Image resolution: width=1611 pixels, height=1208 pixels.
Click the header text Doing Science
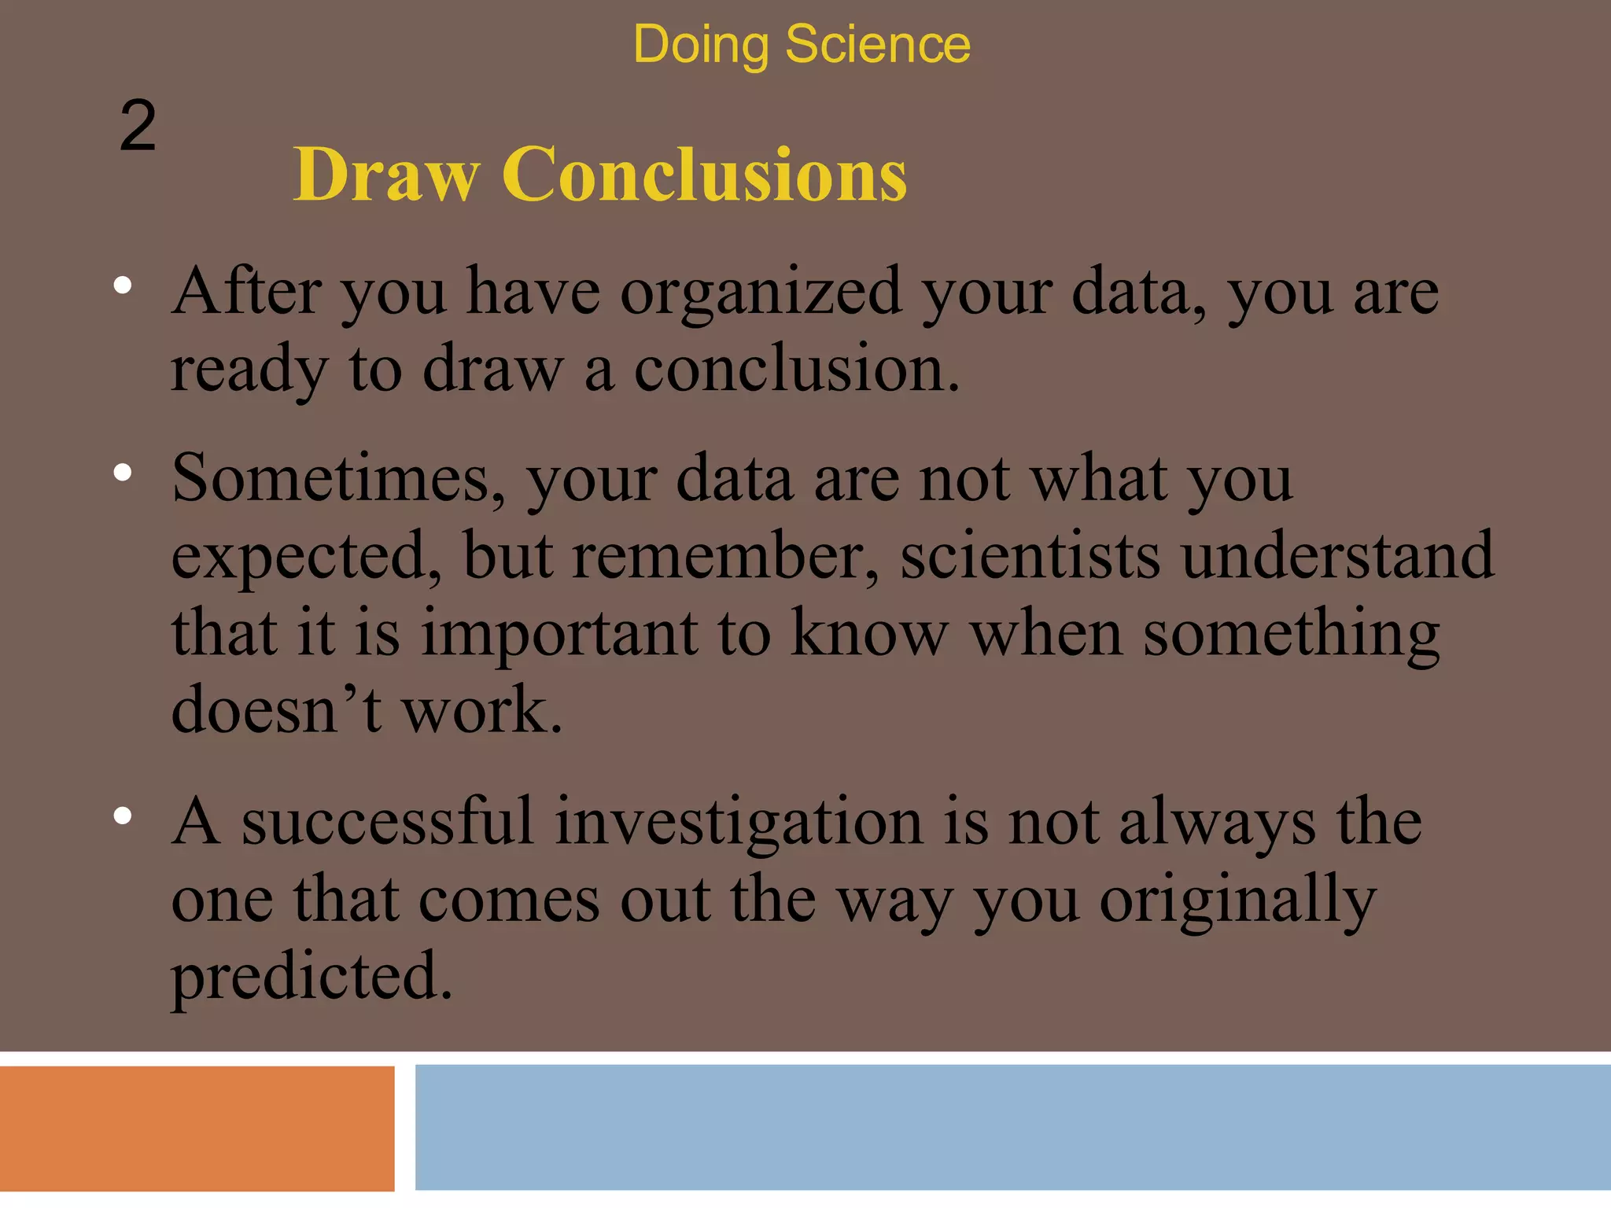tap(801, 45)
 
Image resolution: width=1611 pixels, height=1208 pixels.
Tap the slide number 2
tap(138, 127)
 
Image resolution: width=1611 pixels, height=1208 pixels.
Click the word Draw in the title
tap(385, 175)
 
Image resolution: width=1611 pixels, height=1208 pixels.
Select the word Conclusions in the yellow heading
tap(704, 175)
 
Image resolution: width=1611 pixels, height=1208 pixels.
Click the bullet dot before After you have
tap(122, 286)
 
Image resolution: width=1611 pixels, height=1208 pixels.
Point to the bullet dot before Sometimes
tap(122, 473)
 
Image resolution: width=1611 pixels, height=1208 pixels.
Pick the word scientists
tap(1030, 556)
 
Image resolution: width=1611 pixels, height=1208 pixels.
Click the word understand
tap(1337, 556)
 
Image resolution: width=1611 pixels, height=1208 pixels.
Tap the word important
tap(559, 634)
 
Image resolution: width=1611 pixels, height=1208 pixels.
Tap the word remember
tap(724, 556)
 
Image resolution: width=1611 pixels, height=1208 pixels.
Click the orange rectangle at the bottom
tap(197, 1128)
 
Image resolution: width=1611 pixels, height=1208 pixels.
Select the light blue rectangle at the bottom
tap(1012, 1126)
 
